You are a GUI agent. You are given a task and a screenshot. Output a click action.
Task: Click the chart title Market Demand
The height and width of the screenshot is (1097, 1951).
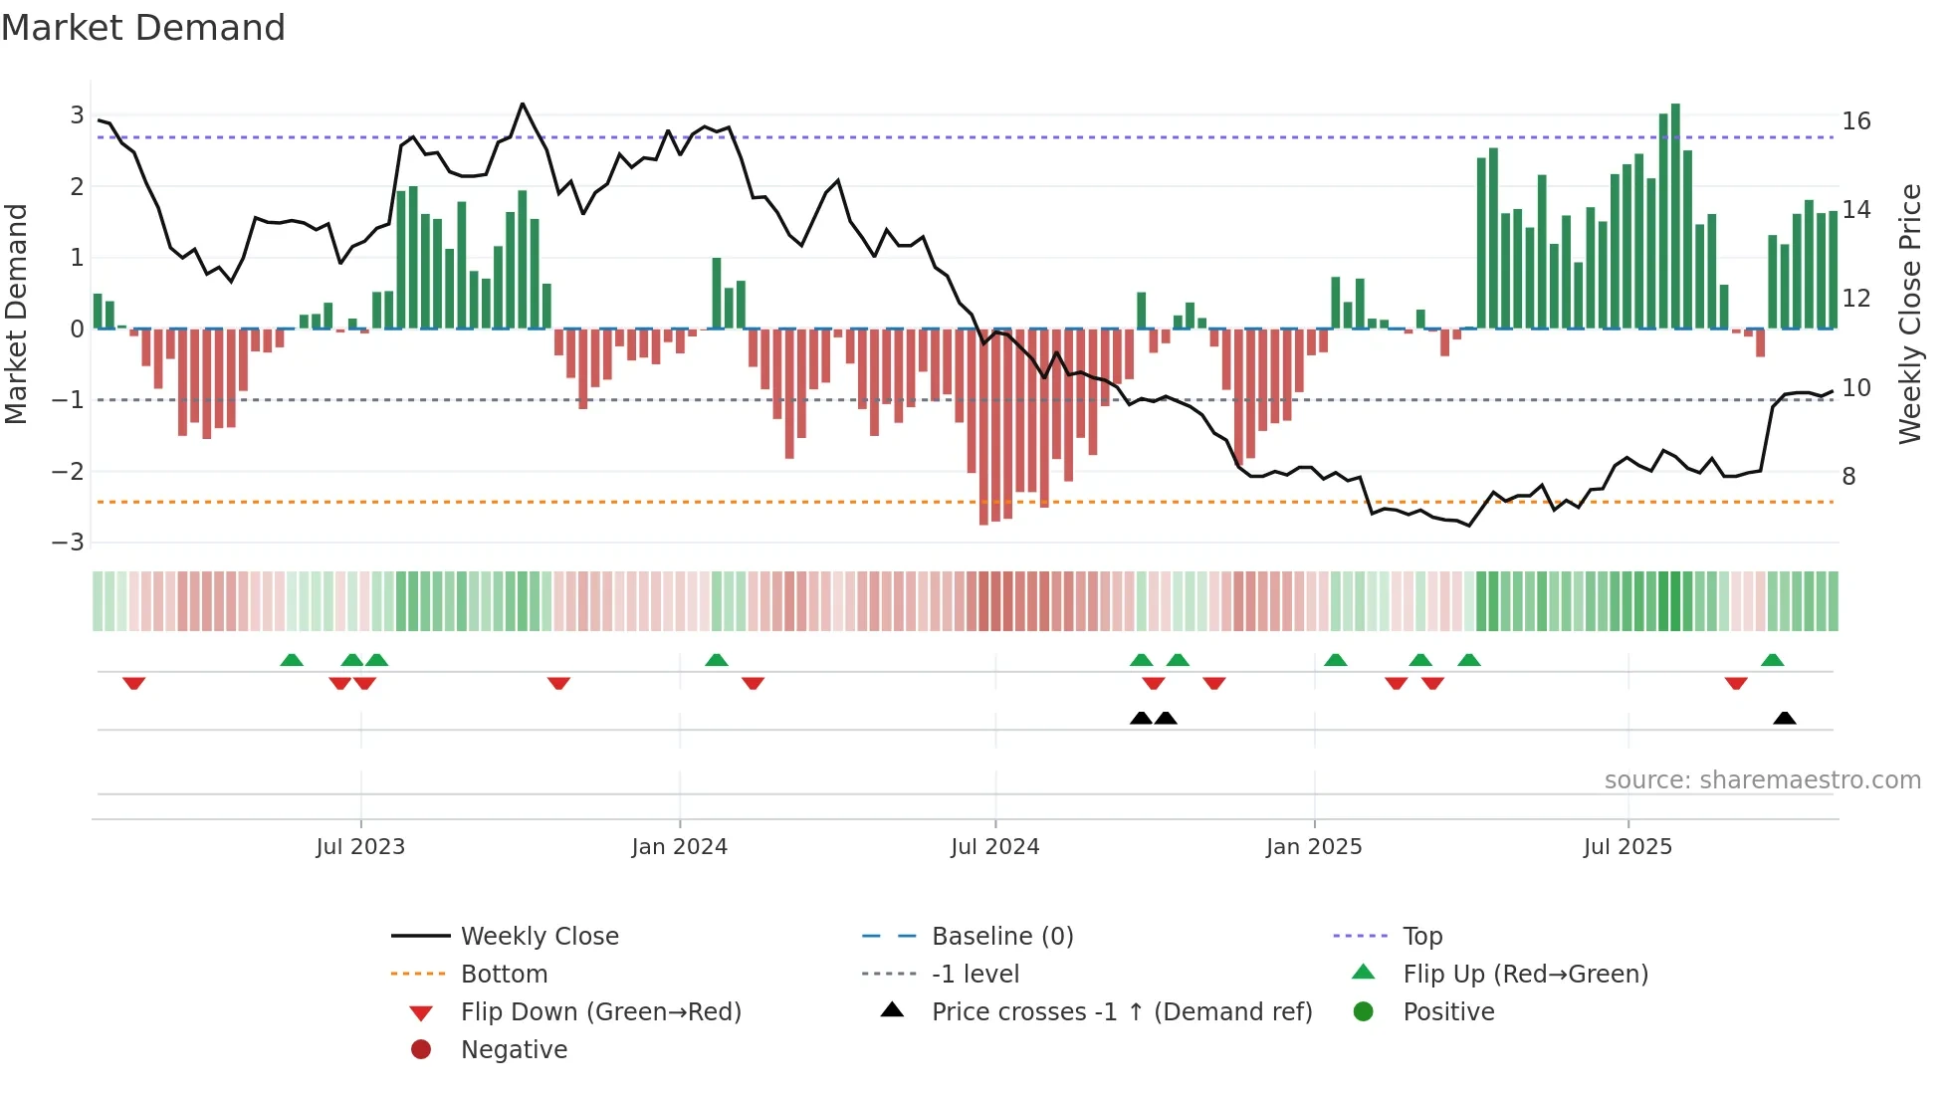click(x=143, y=28)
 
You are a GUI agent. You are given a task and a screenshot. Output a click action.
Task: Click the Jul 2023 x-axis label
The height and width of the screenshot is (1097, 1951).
click(x=360, y=847)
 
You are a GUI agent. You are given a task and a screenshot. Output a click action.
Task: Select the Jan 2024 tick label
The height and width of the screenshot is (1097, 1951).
click(x=680, y=847)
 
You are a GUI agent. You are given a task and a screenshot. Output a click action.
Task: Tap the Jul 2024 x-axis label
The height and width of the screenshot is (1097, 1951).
click(x=995, y=847)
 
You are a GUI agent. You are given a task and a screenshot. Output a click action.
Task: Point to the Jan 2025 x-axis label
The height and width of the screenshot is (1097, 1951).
click(x=1314, y=847)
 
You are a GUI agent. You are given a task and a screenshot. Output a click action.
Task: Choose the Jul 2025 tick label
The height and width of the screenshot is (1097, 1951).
click(x=1628, y=847)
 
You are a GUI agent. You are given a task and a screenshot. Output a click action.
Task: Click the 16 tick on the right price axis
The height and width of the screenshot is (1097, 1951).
click(x=1856, y=121)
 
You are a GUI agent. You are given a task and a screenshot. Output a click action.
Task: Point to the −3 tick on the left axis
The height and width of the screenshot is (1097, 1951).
click(x=69, y=543)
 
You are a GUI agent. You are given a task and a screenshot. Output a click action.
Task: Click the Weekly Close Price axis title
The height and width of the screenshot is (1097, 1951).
click(x=1909, y=314)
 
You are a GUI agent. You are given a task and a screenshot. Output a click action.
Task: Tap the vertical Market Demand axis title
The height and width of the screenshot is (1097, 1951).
click(x=17, y=314)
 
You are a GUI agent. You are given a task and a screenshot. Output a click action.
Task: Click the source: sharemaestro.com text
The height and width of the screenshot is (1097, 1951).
click(x=1762, y=780)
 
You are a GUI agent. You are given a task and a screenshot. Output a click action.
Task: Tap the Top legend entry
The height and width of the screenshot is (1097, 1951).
click(x=1422, y=937)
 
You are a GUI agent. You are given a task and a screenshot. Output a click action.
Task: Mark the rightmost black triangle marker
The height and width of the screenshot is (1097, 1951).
click(x=1785, y=718)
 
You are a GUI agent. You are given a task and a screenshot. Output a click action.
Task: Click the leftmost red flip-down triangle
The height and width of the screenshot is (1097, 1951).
click(x=134, y=683)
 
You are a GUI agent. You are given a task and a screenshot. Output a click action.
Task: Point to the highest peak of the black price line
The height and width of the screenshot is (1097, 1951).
click(x=523, y=104)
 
